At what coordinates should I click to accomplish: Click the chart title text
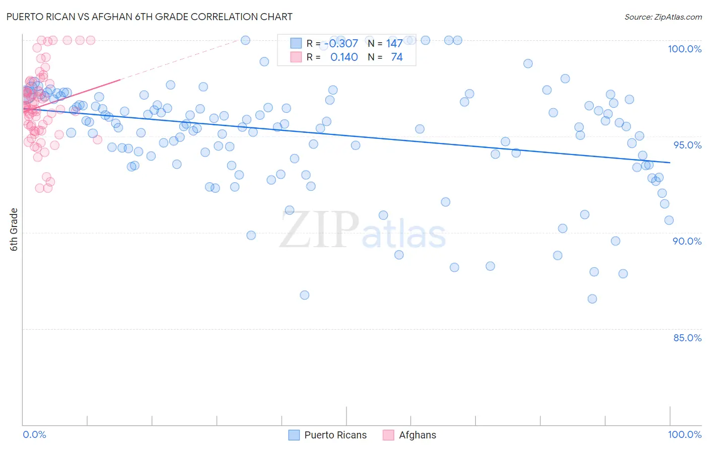click(150, 17)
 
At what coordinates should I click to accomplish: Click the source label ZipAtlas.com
click(663, 17)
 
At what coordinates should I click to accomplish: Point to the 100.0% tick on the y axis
click(684, 49)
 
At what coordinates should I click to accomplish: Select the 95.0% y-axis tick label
click(687, 145)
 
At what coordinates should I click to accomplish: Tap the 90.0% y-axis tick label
click(687, 241)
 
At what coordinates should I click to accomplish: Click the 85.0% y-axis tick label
click(687, 338)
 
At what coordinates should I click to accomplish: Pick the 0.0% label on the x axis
click(34, 434)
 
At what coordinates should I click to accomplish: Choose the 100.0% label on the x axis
click(684, 434)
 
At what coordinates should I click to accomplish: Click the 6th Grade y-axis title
click(14, 230)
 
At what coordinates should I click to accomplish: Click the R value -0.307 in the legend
click(341, 44)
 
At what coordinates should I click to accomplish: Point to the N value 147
click(394, 44)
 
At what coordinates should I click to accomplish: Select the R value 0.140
click(344, 57)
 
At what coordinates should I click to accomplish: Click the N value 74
click(396, 57)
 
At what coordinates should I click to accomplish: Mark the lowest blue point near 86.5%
click(592, 299)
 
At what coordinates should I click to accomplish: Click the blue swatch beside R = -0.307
click(296, 43)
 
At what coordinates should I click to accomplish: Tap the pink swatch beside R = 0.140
click(296, 57)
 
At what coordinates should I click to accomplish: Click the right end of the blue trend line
click(670, 163)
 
